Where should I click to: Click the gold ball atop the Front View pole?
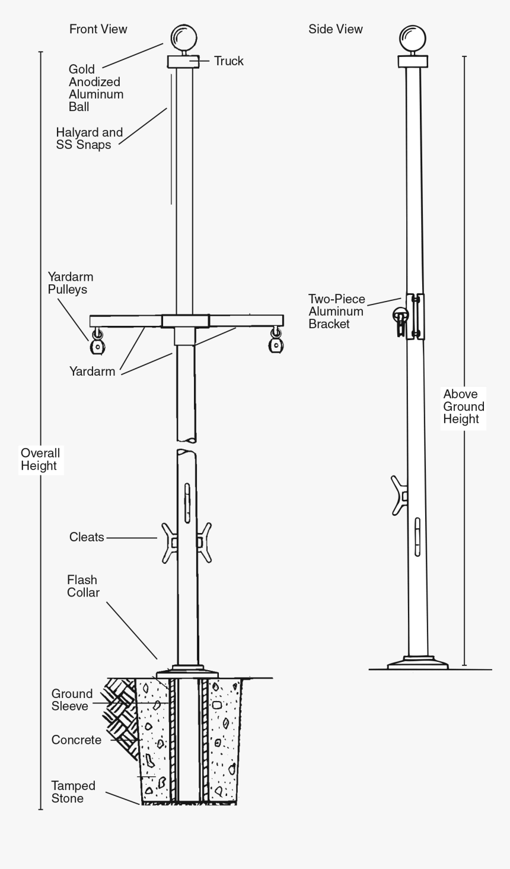(x=184, y=37)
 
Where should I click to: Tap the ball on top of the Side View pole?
(x=413, y=39)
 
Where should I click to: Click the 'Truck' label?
(x=229, y=61)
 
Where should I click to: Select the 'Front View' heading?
(x=98, y=29)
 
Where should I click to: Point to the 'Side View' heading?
(x=336, y=29)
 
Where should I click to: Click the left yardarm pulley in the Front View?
(x=97, y=341)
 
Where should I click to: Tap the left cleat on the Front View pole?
(x=170, y=543)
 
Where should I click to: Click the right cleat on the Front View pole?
(x=204, y=543)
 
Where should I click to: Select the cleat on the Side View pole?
(x=399, y=496)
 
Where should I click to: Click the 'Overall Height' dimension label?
(x=40, y=459)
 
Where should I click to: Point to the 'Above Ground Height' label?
(x=464, y=407)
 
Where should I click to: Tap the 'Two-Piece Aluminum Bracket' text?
(x=336, y=312)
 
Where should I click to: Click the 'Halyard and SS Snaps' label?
(x=89, y=138)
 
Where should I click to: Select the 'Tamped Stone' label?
(x=74, y=792)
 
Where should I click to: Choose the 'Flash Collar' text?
(x=83, y=586)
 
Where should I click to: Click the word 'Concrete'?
(x=76, y=740)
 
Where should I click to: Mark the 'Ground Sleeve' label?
(x=72, y=700)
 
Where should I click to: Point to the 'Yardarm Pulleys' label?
(x=71, y=283)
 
